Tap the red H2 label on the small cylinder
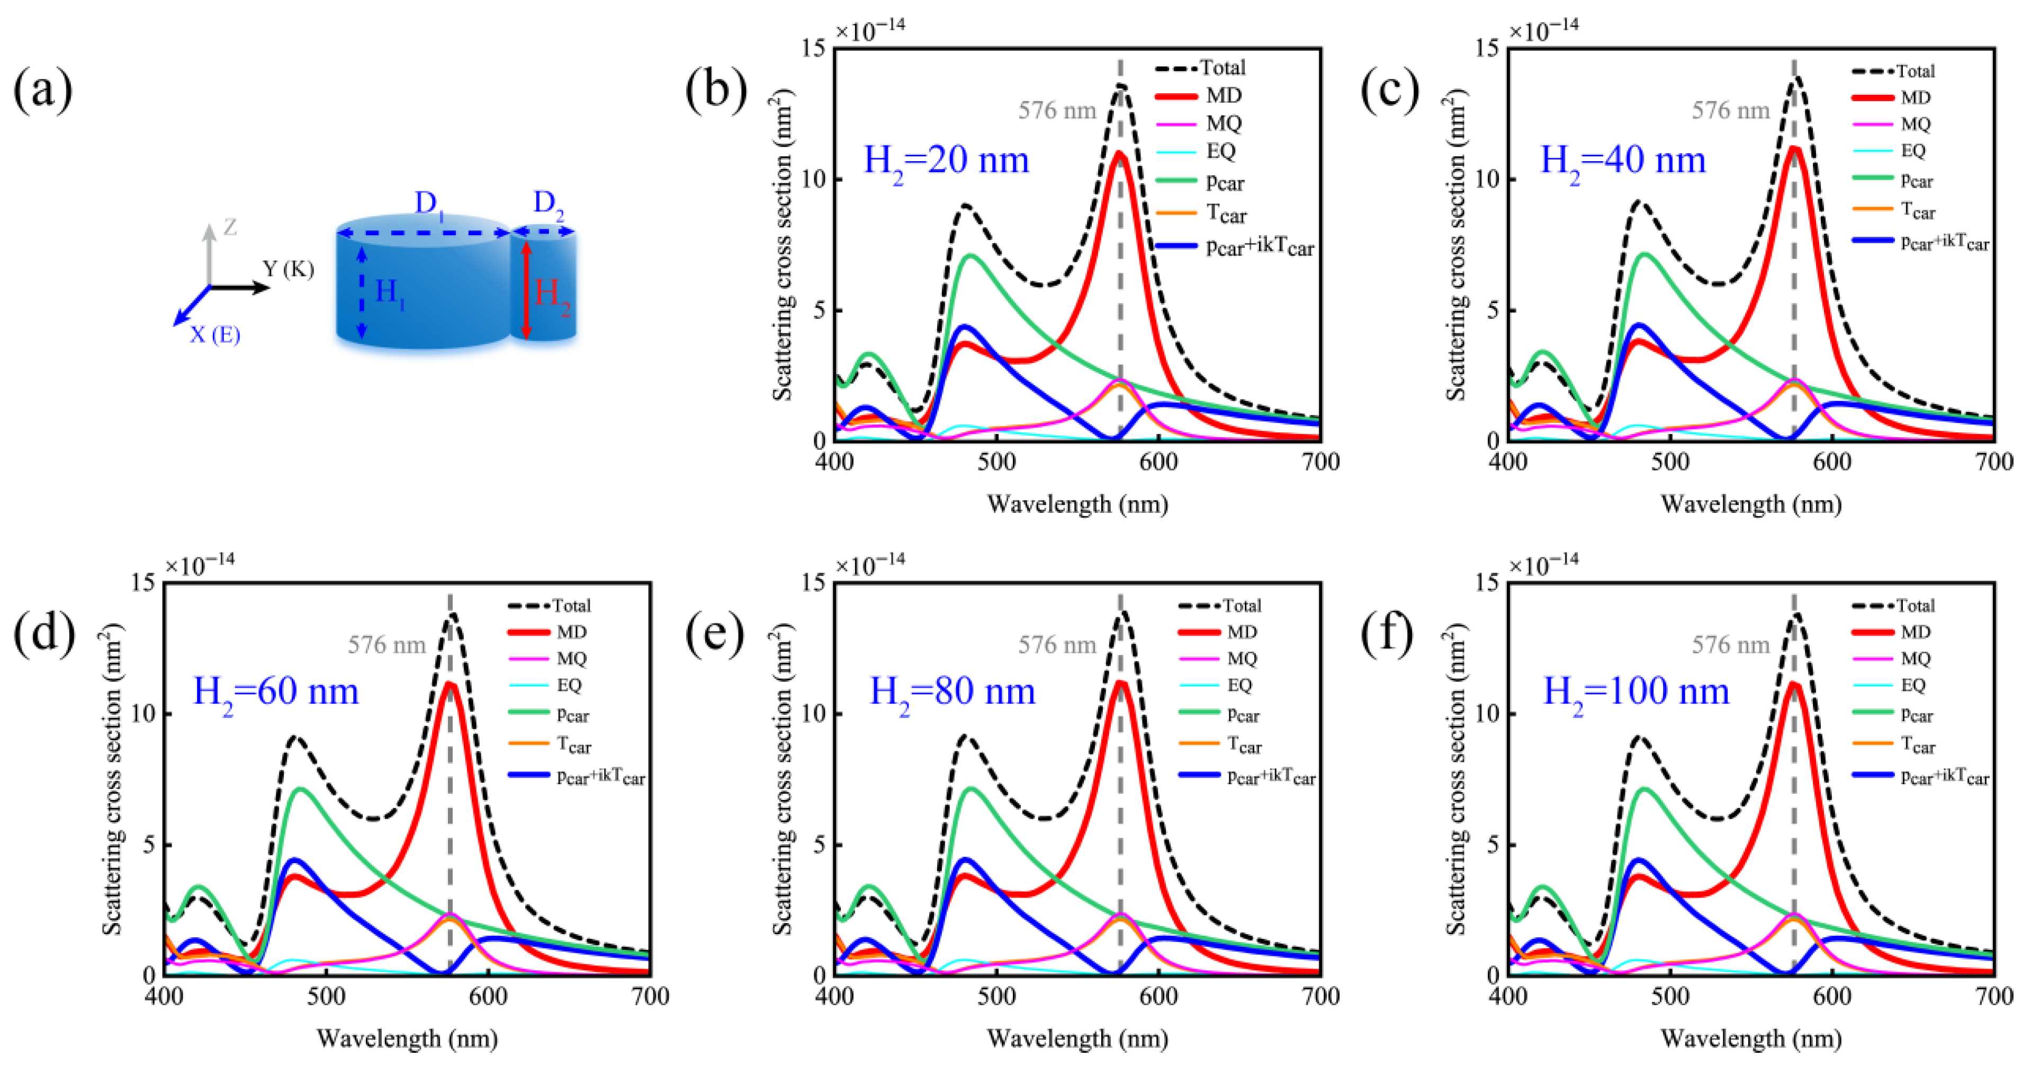[x=552, y=295]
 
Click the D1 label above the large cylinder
[x=428, y=203]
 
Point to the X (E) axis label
[x=215, y=335]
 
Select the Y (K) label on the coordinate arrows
[x=288, y=269]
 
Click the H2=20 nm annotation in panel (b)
[x=946, y=162]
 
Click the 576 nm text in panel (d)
[x=386, y=645]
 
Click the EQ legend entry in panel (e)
[x=1238, y=685]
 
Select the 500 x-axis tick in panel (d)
[x=326, y=997]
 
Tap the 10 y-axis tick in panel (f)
[x=1486, y=713]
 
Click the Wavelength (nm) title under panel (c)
[x=1750, y=504]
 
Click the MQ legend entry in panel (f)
[x=1915, y=658]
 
